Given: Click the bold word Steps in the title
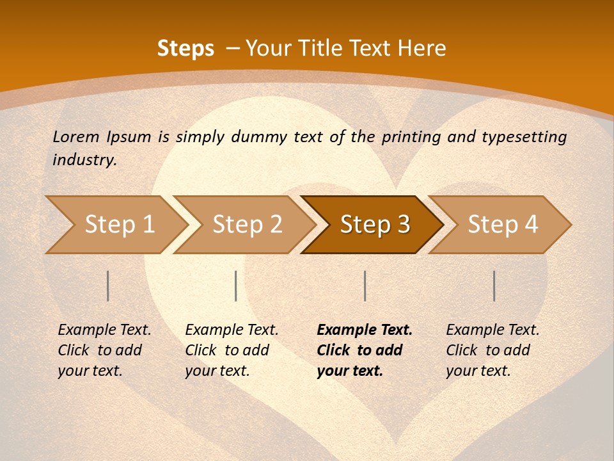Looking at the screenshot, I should point(185,49).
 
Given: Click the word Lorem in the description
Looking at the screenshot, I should point(76,136).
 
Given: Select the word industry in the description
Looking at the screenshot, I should point(84,160).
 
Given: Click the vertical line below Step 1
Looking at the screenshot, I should point(108,286).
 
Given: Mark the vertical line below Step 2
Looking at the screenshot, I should point(236,286).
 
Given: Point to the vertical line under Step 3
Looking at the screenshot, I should point(365,286).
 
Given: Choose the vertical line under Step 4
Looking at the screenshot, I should point(494,286).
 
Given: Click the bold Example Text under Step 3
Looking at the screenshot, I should point(365,330).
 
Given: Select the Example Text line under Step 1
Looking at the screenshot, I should point(104,330).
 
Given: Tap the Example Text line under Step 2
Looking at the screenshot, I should point(232,330).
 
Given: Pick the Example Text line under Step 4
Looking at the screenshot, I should point(492,330).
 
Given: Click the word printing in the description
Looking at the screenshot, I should point(412,137).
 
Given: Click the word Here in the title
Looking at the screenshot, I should point(425,49).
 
